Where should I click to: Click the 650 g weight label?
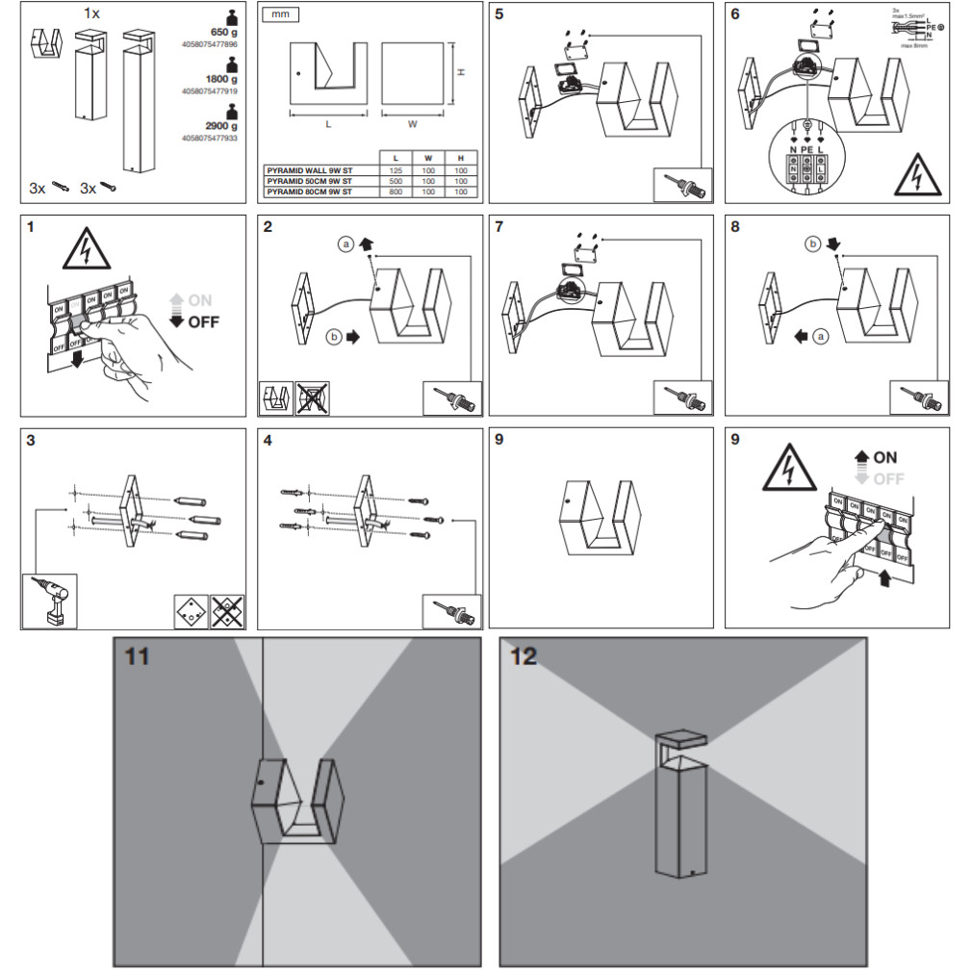pyautogui.click(x=224, y=31)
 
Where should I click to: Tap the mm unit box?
pyautogui.click(x=281, y=15)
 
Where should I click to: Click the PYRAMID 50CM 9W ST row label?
pyautogui.click(x=309, y=181)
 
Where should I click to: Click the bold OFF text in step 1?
pyautogui.click(x=203, y=321)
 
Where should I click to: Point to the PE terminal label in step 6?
pyautogui.click(x=806, y=150)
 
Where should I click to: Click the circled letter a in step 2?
pyautogui.click(x=345, y=245)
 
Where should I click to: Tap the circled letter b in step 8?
pyautogui.click(x=812, y=245)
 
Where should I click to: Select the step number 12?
pyautogui.click(x=524, y=656)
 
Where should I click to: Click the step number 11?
pyautogui.click(x=138, y=657)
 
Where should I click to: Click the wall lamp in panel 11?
pyautogui.click(x=295, y=800)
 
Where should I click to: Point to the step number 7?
pyautogui.click(x=499, y=227)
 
